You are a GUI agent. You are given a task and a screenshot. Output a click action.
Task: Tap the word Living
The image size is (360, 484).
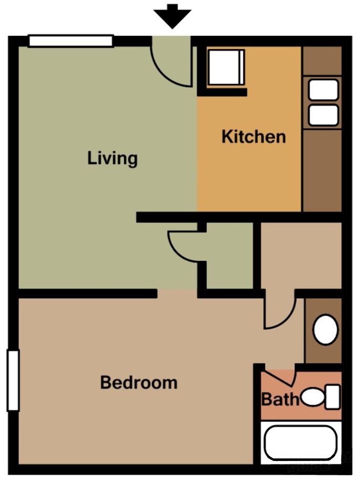pos(112,158)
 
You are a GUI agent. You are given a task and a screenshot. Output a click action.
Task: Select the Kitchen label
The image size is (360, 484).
pos(253,137)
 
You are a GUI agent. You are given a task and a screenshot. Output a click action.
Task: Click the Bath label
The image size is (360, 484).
pos(280,399)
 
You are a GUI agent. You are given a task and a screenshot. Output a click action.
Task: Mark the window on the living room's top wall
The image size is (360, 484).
pos(71,41)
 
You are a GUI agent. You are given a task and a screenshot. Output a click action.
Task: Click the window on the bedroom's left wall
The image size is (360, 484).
pos(13,380)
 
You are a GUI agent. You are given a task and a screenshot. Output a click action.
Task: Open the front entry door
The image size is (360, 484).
pos(172,61)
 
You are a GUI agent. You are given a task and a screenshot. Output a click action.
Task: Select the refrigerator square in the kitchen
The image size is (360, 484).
pos(226,67)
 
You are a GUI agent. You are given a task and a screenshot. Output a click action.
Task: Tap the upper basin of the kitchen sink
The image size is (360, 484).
pos(323,90)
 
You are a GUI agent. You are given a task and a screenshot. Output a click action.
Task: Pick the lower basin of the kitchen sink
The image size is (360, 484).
pos(323,115)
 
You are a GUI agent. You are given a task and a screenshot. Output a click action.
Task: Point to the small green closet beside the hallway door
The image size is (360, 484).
pos(230,256)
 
